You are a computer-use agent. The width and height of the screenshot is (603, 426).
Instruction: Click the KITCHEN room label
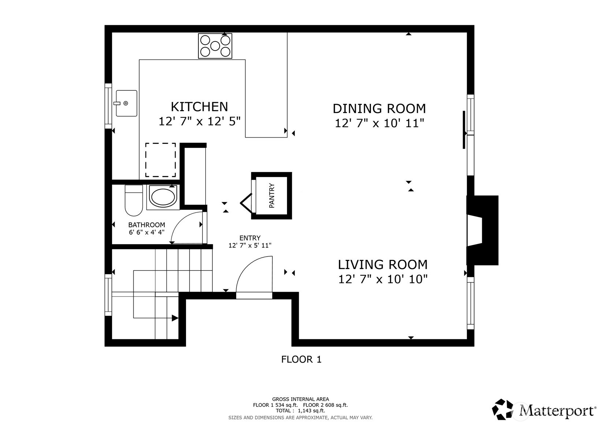(x=199, y=107)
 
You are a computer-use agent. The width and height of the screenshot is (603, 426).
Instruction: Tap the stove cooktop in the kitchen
(x=215, y=46)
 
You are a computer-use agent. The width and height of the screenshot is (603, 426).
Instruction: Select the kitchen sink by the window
(x=126, y=103)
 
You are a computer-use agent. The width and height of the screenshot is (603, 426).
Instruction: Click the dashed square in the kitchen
(x=160, y=160)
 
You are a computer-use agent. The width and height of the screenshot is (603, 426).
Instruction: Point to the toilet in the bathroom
(x=133, y=201)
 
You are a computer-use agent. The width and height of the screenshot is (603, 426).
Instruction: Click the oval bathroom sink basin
(x=163, y=197)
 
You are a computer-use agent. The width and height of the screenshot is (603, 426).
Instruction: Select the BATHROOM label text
(x=146, y=225)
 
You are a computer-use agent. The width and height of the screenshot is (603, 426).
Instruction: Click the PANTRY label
(x=272, y=196)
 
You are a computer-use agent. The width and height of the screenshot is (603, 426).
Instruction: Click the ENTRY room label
(x=250, y=238)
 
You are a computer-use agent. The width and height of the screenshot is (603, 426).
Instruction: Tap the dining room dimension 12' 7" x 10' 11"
(x=379, y=123)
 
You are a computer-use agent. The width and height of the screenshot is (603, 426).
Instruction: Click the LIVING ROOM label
(x=382, y=264)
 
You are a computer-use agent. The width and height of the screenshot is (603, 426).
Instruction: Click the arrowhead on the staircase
(x=175, y=318)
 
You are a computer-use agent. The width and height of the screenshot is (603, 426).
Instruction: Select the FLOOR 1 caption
(x=301, y=359)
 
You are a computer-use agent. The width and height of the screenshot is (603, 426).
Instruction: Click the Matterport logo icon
(x=505, y=410)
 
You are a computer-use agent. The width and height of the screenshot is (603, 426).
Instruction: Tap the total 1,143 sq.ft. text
(x=300, y=411)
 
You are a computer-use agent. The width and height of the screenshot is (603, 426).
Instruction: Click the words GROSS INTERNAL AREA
(x=300, y=399)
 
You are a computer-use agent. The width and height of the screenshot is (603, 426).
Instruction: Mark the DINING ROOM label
(x=379, y=109)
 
